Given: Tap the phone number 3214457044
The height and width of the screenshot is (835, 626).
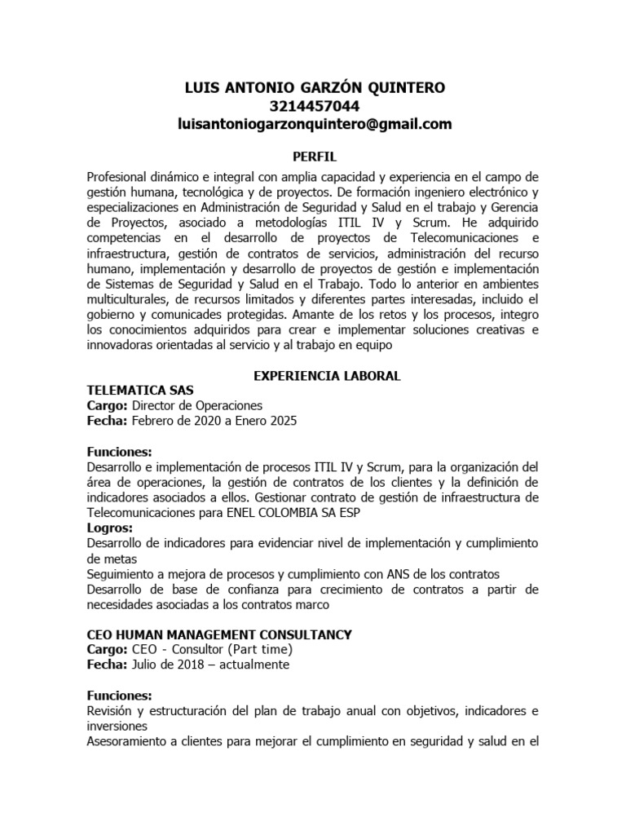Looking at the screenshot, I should [315, 106].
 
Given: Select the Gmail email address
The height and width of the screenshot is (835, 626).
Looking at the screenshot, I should [315, 125].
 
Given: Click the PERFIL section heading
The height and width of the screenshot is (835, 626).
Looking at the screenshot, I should [315, 156].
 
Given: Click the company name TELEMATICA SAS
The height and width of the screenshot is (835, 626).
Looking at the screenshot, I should [139, 391].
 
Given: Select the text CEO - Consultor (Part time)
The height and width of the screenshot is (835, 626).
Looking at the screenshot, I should [211, 650].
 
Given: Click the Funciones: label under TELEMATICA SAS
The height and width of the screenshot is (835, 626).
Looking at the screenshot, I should [119, 451].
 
